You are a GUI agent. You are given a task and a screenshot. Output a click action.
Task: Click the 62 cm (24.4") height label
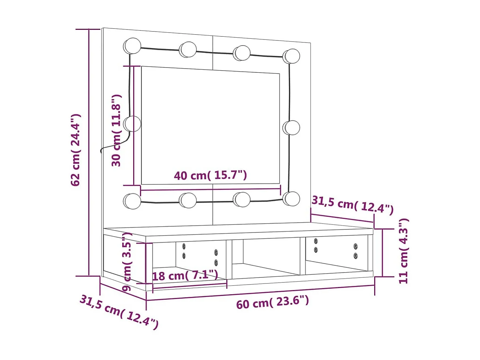click(75, 150)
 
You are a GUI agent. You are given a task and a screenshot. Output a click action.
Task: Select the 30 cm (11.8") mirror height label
click(116, 130)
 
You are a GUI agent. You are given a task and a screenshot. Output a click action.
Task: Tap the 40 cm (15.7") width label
click(210, 175)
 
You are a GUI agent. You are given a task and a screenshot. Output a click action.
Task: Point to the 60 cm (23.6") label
click(272, 302)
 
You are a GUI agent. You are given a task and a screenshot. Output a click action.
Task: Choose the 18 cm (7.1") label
click(185, 275)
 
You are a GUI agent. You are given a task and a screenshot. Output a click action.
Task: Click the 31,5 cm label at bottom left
click(119, 311)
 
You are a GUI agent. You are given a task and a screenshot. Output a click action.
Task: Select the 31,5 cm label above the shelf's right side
click(352, 205)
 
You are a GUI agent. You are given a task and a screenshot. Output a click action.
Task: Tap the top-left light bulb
click(132, 46)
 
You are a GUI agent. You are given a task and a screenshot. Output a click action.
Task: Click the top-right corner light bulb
click(292, 56)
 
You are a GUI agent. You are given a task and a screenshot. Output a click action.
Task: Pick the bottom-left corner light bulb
click(132, 201)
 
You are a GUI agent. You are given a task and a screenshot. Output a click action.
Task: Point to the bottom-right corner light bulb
click(291, 199)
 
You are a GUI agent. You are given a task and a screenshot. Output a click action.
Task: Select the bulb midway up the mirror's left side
click(132, 124)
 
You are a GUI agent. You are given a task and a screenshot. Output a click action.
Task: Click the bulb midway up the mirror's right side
click(292, 128)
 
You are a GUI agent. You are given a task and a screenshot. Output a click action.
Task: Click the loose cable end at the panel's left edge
click(102, 151)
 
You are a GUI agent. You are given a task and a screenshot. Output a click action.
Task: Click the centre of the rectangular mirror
click(210, 125)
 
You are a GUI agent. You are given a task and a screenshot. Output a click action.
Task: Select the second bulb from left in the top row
click(188, 49)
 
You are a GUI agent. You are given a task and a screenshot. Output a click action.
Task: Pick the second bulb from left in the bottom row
click(188, 200)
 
